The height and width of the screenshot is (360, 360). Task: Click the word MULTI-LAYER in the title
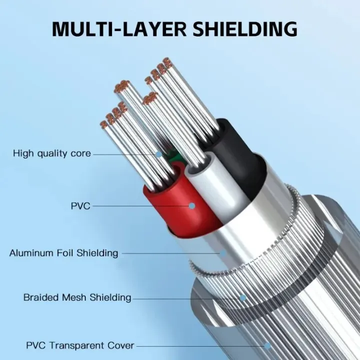point(119,29)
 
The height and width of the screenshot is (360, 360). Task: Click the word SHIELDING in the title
point(244,29)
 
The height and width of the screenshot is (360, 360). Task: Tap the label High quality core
point(52,153)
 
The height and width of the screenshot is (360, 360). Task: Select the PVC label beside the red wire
point(80,206)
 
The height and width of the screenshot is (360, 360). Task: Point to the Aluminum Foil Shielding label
point(64,253)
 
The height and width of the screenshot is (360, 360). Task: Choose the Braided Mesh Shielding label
point(77,297)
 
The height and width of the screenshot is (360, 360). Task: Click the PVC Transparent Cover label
point(80,345)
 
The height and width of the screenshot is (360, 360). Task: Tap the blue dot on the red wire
point(192,205)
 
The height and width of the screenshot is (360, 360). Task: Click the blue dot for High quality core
point(158,154)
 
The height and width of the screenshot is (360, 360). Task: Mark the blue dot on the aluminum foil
point(223,253)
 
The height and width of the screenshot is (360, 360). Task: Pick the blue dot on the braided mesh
point(242,298)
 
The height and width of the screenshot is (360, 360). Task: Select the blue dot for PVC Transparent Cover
point(267,345)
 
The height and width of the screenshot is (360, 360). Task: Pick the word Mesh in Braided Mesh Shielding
point(74,297)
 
